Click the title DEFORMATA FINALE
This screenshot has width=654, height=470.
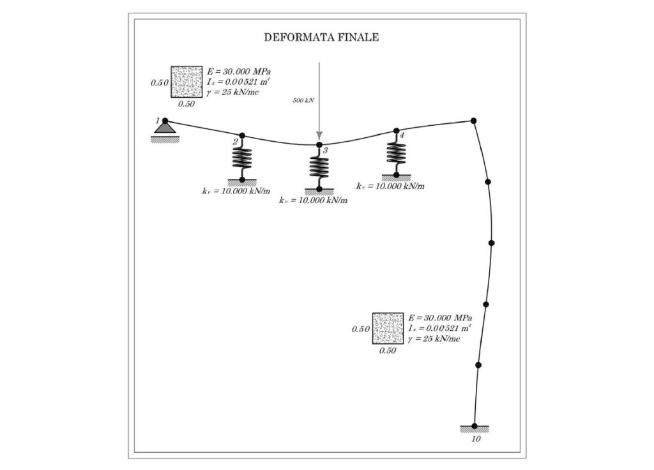click(x=322, y=38)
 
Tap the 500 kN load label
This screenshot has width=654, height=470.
click(x=303, y=100)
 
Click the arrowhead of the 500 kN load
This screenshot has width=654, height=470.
click(x=319, y=136)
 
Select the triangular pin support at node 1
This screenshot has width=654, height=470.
click(x=165, y=128)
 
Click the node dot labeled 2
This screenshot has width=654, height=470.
click(x=242, y=135)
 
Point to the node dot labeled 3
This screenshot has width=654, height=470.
click(x=319, y=145)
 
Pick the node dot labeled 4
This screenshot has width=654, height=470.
click(x=396, y=130)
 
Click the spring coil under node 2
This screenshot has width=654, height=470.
click(x=242, y=158)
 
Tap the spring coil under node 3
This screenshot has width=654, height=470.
click(x=319, y=167)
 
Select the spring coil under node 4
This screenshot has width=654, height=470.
click(x=396, y=153)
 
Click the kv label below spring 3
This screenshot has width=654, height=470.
click(x=313, y=200)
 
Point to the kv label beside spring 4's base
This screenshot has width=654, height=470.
click(x=390, y=186)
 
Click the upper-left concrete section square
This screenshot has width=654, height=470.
click(x=186, y=82)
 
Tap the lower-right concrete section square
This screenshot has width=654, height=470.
click(x=388, y=328)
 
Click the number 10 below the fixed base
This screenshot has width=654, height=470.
click(x=476, y=439)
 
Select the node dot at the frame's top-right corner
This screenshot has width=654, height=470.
click(x=473, y=121)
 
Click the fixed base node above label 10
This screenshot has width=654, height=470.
click(x=475, y=426)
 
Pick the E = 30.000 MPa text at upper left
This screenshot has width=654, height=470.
click(x=239, y=72)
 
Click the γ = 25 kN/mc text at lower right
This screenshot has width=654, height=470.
click(x=434, y=338)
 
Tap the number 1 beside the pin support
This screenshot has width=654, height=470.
click(x=157, y=121)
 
